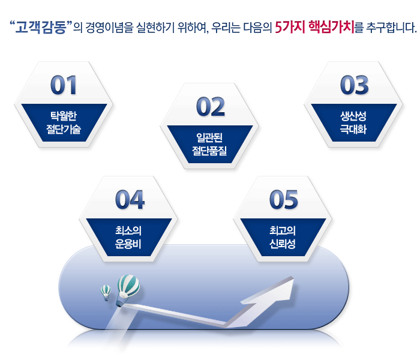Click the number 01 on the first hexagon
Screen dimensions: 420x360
[x=64, y=85]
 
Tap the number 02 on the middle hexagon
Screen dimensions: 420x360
[x=211, y=107]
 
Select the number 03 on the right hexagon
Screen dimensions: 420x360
[x=355, y=85]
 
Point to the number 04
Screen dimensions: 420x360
[x=130, y=200]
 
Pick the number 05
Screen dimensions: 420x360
[x=284, y=200]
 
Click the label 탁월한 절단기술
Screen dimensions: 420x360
[x=64, y=122]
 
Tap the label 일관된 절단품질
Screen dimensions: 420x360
[x=209, y=144]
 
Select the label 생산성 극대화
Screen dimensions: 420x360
[x=353, y=122]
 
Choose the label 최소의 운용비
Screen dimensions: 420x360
[x=128, y=237]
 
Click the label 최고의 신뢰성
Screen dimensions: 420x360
[x=283, y=237]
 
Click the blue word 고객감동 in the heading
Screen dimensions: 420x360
[x=41, y=27]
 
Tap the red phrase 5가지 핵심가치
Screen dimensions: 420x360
[x=315, y=27]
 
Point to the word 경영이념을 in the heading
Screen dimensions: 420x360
[x=110, y=28]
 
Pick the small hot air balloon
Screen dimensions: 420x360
[x=106, y=293]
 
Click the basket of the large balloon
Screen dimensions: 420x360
[x=119, y=304]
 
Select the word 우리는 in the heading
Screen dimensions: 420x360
[x=226, y=28]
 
